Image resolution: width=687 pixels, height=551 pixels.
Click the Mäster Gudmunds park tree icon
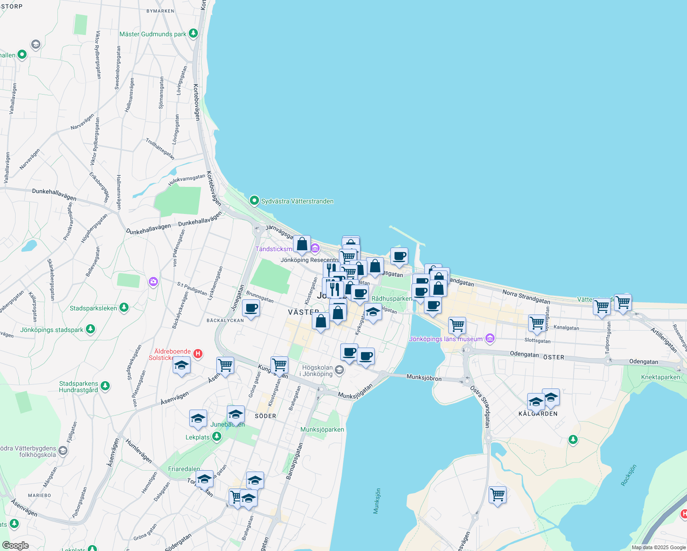click(x=193, y=34)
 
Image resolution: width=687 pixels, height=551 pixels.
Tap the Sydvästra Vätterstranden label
click(x=297, y=201)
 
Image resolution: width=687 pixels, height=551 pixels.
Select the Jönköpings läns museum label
click(x=446, y=339)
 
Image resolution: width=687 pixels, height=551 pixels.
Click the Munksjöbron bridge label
click(x=424, y=377)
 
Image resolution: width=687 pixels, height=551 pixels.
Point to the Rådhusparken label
click(x=392, y=298)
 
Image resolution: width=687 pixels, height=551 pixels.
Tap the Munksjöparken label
click(x=322, y=429)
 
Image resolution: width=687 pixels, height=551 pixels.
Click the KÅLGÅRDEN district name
click(x=538, y=414)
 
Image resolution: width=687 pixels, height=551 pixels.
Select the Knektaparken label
click(x=660, y=377)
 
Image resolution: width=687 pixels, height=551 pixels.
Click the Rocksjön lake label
click(x=629, y=475)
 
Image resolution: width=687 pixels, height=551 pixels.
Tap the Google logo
click(x=15, y=545)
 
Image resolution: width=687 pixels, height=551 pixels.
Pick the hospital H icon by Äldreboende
click(x=198, y=354)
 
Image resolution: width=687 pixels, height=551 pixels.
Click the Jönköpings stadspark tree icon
click(x=91, y=329)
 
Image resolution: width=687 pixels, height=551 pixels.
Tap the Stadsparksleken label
click(x=93, y=308)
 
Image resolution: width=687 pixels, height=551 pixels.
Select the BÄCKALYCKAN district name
click(x=225, y=320)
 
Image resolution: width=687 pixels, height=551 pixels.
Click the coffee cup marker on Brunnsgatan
click(x=251, y=309)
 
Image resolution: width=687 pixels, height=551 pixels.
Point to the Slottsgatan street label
click(x=537, y=341)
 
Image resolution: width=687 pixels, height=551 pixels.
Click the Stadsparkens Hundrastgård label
click(x=79, y=387)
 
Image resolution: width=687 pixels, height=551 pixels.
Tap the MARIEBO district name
click(x=39, y=495)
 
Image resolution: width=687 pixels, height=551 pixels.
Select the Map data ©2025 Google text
click(x=659, y=547)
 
